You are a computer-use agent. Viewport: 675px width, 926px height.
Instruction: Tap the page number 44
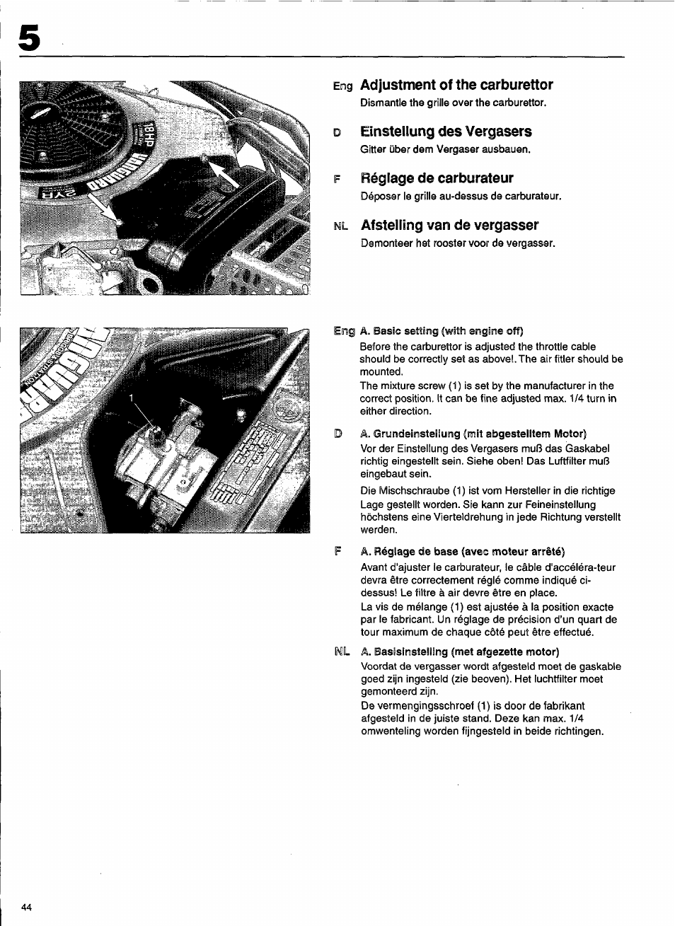coord(27,908)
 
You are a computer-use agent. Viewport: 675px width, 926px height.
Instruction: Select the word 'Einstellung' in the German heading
coord(399,132)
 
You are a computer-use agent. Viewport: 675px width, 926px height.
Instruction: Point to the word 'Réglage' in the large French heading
coord(392,178)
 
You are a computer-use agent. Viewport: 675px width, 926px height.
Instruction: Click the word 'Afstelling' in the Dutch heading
coord(394,225)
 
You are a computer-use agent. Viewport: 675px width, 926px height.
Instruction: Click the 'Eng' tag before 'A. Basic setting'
coord(343,331)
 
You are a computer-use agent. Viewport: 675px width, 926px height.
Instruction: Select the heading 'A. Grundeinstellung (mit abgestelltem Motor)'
coord(473,434)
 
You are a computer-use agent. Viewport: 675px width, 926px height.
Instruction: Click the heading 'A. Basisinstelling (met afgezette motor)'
coord(459,652)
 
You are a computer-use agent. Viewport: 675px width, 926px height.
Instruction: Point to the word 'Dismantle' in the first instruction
coord(381,103)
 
